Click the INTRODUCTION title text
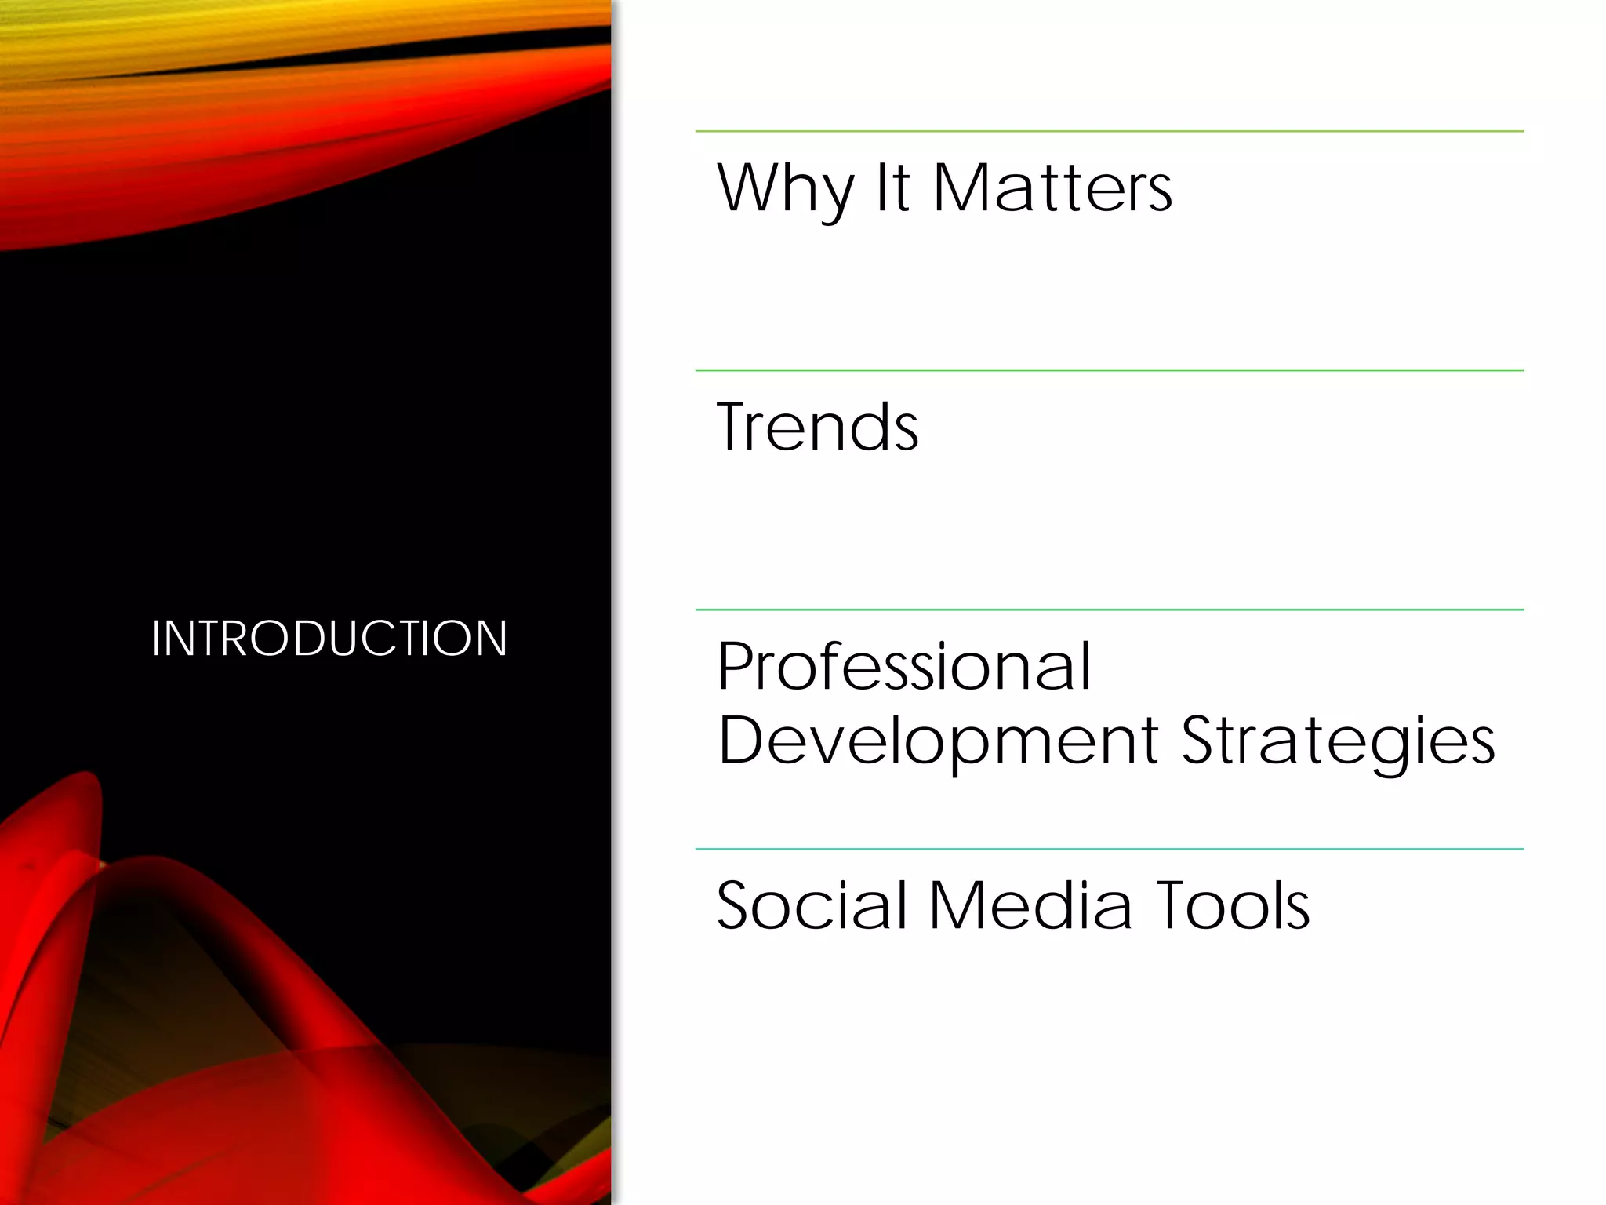329,638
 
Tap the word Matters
1052,188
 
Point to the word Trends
817,428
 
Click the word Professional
904,667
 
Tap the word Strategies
1338,741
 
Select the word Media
1030,906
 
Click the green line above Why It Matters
1109,131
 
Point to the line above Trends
1109,370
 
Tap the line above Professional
1109,610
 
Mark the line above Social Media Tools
1109,849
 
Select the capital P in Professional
737,667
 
